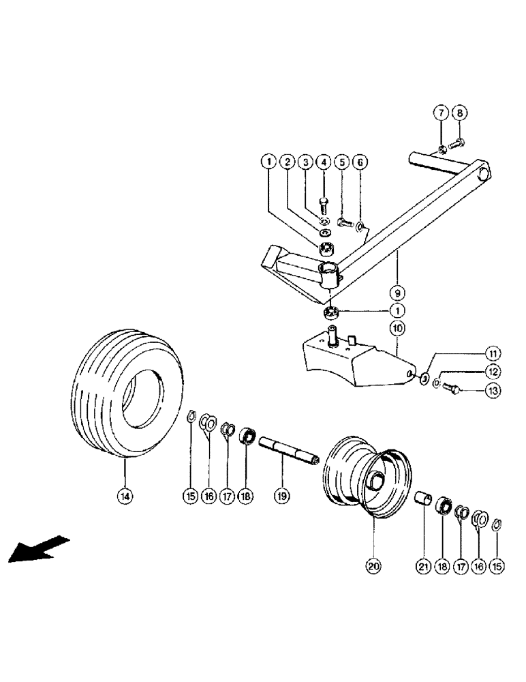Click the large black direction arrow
pos(38,549)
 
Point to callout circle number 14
pos(125,497)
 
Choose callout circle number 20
pos(373,565)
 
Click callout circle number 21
pos(423,565)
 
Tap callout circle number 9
pos(397,293)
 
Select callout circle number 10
pos(397,328)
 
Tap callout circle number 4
pos(324,162)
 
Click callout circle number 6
pos(360,162)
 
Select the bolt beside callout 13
pos(450,389)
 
